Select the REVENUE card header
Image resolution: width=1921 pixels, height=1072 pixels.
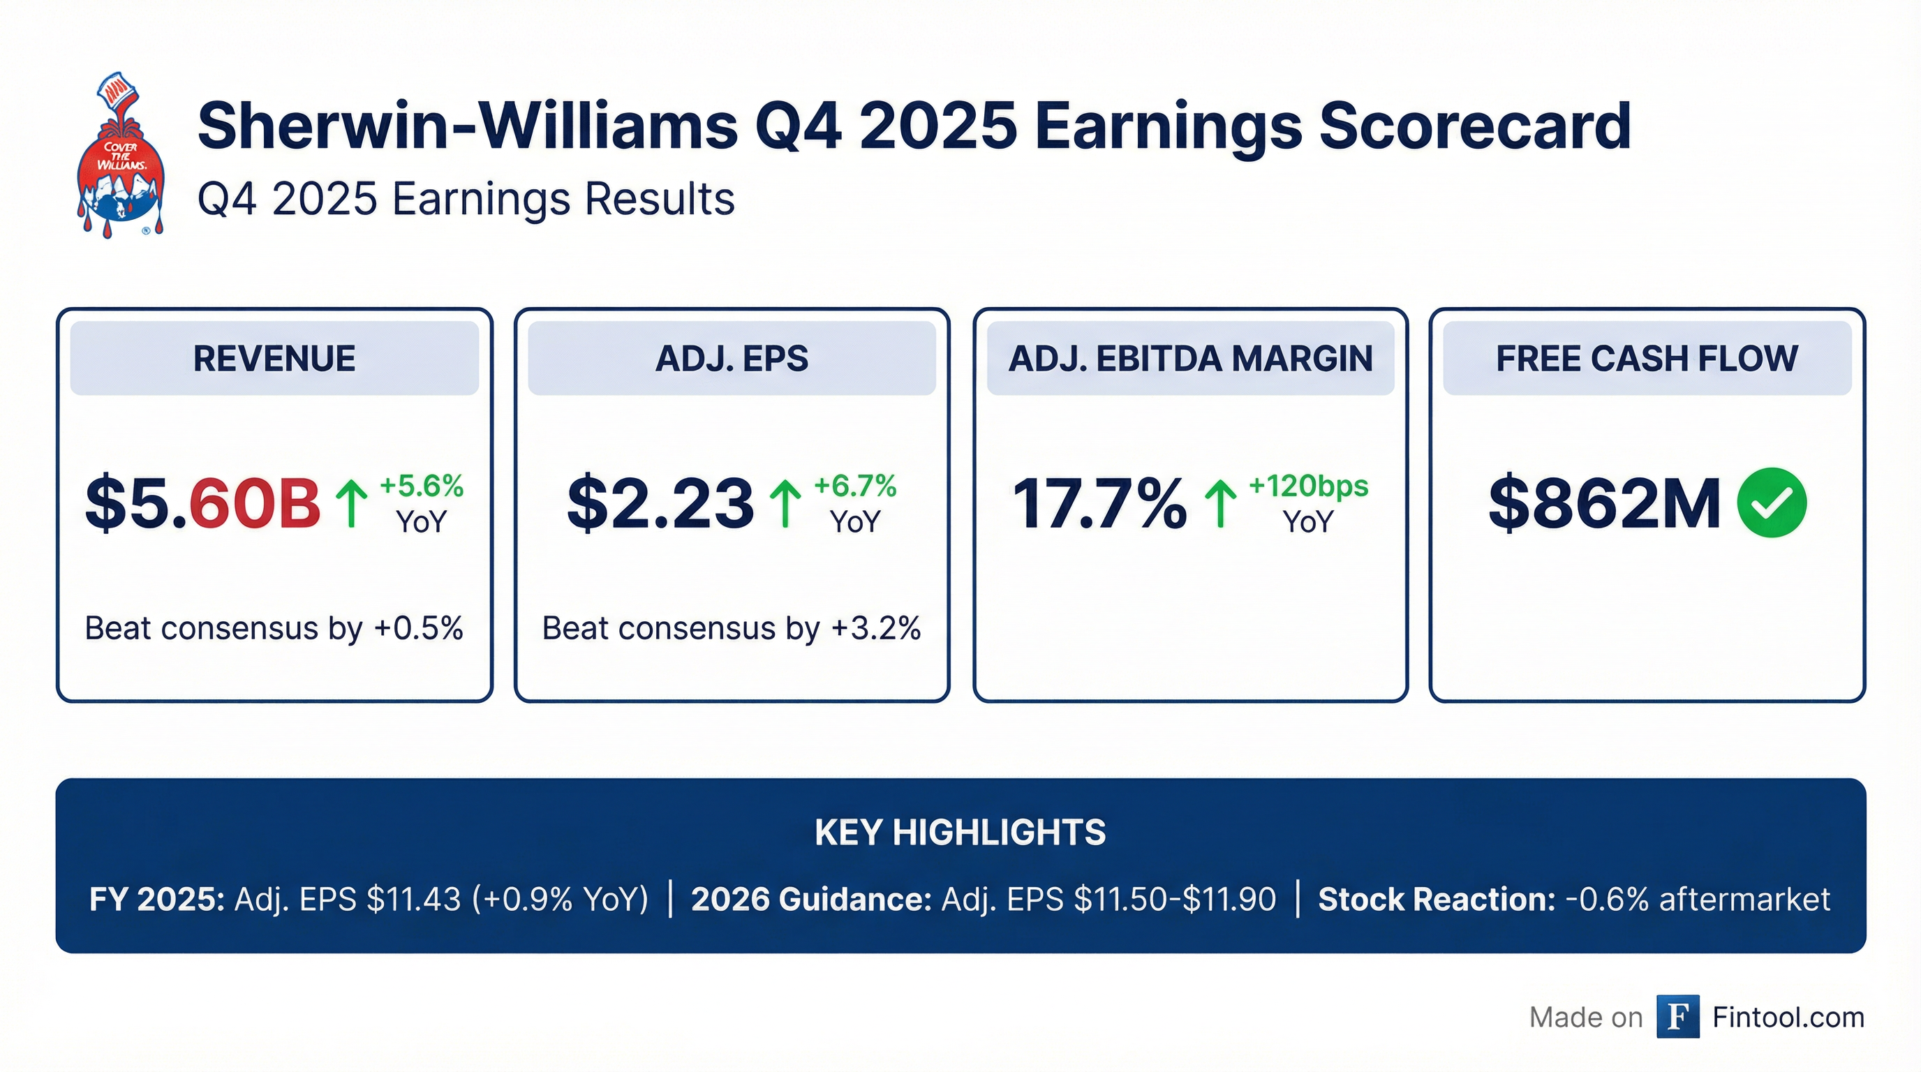(274, 359)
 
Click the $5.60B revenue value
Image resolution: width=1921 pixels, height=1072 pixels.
(203, 503)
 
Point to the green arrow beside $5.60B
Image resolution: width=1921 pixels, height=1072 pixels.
(351, 503)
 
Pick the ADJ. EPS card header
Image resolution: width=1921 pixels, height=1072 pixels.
(732, 359)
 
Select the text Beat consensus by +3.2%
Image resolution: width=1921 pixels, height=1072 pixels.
(731, 628)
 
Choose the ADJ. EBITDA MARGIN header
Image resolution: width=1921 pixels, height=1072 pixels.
(1190, 359)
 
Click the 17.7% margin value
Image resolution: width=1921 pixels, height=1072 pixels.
(1099, 503)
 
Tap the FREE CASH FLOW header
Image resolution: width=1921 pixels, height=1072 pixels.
(1647, 359)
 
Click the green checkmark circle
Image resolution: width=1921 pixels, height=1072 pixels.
(1771, 502)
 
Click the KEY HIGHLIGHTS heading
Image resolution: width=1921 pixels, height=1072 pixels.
(960, 832)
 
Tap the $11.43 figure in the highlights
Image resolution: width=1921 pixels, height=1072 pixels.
(414, 900)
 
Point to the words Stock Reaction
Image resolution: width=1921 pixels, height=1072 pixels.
(1437, 900)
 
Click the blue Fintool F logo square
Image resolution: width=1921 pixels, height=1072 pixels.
(1677, 1017)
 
